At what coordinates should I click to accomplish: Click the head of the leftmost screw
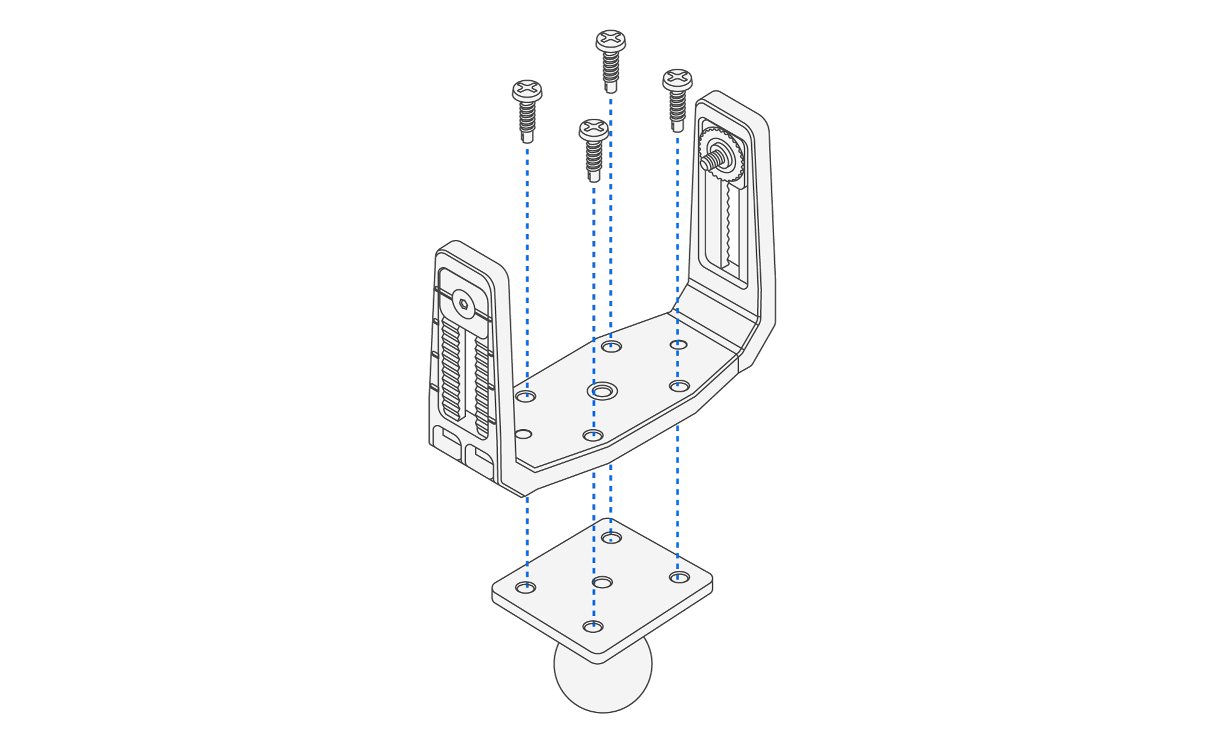pos(527,90)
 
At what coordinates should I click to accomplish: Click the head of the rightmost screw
pos(677,79)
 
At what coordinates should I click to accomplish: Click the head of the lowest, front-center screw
pos(593,129)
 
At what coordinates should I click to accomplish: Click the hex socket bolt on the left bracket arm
pos(463,303)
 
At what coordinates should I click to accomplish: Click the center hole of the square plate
pos(602,582)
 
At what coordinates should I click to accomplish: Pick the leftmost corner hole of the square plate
pos(526,587)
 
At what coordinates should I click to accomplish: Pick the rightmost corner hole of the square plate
pos(679,577)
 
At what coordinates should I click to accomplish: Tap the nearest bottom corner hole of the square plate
pos(593,627)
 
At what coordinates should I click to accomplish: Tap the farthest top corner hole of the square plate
pos(611,537)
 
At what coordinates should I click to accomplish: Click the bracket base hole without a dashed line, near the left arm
pos(523,435)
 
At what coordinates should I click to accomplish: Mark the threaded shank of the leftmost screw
pos(527,118)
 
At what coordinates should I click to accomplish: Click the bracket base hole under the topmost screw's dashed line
pos(611,346)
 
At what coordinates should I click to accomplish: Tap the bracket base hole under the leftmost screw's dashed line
pos(526,397)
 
